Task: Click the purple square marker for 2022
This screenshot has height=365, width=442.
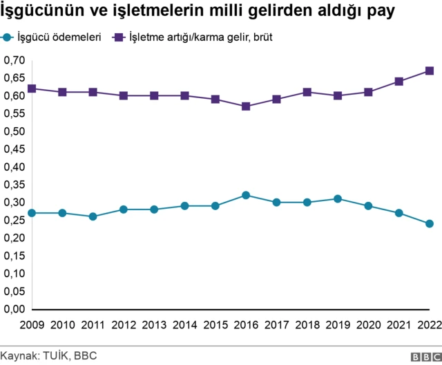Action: tap(430, 71)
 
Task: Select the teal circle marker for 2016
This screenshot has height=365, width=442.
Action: tap(246, 195)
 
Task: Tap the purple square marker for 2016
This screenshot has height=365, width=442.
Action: tap(246, 106)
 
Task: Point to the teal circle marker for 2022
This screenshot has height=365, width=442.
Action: tap(430, 223)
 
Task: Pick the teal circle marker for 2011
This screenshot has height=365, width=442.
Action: tap(93, 216)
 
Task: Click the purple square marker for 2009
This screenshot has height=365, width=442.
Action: tap(32, 88)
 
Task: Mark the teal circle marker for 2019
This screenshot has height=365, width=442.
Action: tap(338, 198)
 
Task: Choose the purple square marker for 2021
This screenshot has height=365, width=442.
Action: tap(399, 82)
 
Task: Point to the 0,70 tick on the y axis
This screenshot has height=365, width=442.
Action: tap(15, 61)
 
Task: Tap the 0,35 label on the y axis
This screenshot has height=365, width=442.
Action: tap(15, 185)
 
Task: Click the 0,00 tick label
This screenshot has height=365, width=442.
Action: tap(15, 309)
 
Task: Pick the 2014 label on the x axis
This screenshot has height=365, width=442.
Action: tap(184, 326)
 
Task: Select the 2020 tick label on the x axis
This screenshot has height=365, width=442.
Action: tap(368, 326)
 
